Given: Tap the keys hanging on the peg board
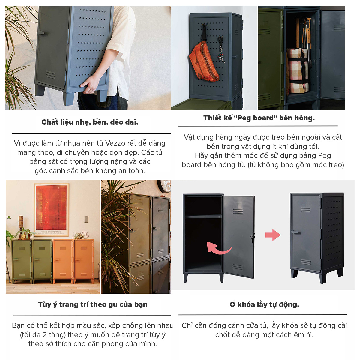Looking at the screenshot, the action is (x=221, y=50).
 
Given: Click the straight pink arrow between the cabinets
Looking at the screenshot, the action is (x=273, y=235).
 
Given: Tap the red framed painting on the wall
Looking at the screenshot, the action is (x=51, y=210).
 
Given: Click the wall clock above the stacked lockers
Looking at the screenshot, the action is (x=164, y=186).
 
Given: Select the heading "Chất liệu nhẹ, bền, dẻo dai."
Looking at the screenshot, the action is (x=90, y=122).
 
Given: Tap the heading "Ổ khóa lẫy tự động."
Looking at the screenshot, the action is (x=264, y=304).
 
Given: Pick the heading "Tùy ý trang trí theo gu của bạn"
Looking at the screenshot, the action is (x=93, y=305).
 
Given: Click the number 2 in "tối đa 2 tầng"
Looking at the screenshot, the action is (x=45, y=335).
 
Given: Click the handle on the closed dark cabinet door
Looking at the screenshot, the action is (x=295, y=232).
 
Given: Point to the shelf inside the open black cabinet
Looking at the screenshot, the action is (x=203, y=217).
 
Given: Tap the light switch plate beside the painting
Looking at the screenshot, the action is (x=86, y=219).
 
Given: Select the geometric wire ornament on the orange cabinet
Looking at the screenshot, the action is (x=85, y=235).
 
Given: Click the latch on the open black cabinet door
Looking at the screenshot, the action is (x=252, y=238).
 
